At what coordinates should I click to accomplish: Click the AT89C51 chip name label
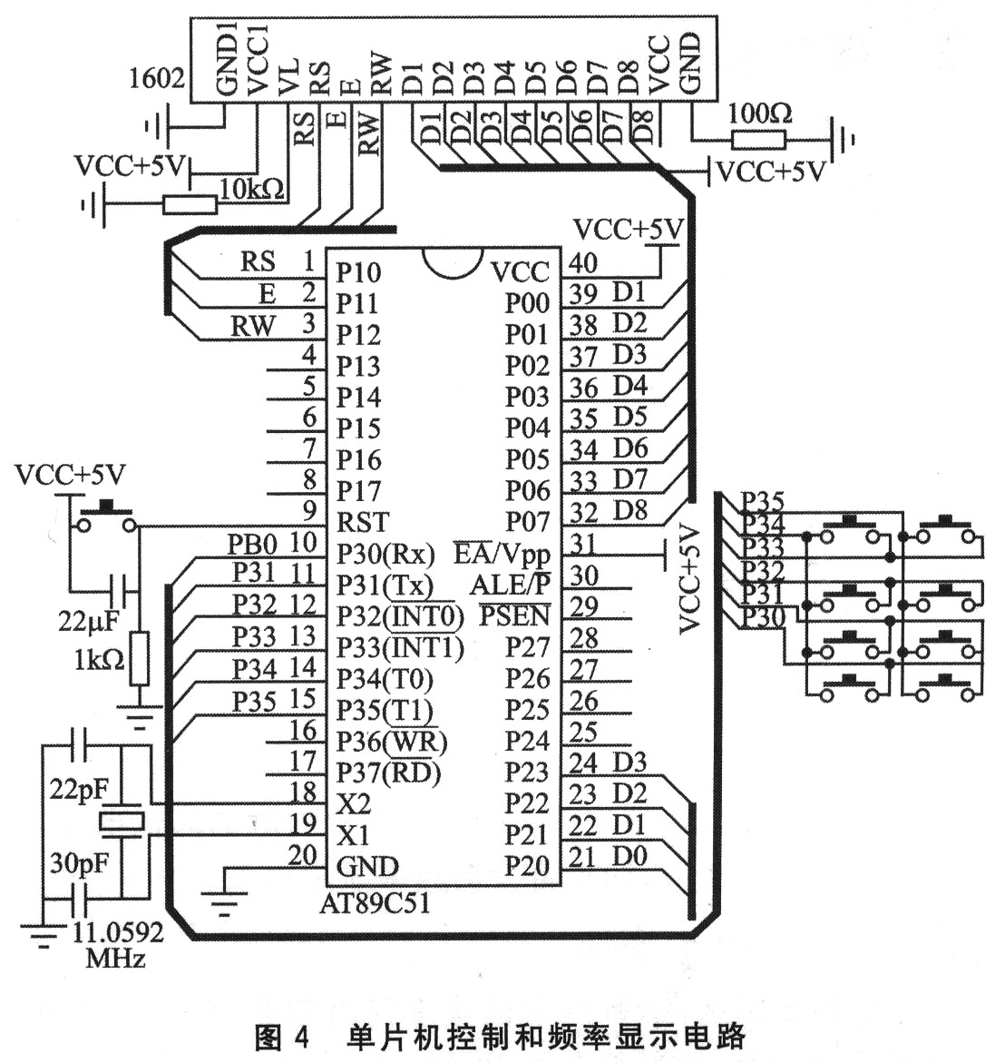pos(375,903)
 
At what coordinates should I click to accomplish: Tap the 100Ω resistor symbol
pos(758,139)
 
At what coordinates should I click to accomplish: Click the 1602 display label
pos(157,79)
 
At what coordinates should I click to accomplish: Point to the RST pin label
pos(362,522)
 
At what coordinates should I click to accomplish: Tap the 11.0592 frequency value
pos(118,932)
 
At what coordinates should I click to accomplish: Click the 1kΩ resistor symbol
pos(139,659)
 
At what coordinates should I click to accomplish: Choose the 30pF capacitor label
pos(79,862)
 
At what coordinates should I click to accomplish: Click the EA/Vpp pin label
pos(502,552)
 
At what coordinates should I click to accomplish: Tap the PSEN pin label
pos(514,615)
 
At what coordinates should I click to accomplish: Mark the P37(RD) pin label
pos(388,773)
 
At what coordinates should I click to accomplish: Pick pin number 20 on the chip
pos(303,855)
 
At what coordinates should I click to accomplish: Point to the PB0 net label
pos(251,545)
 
